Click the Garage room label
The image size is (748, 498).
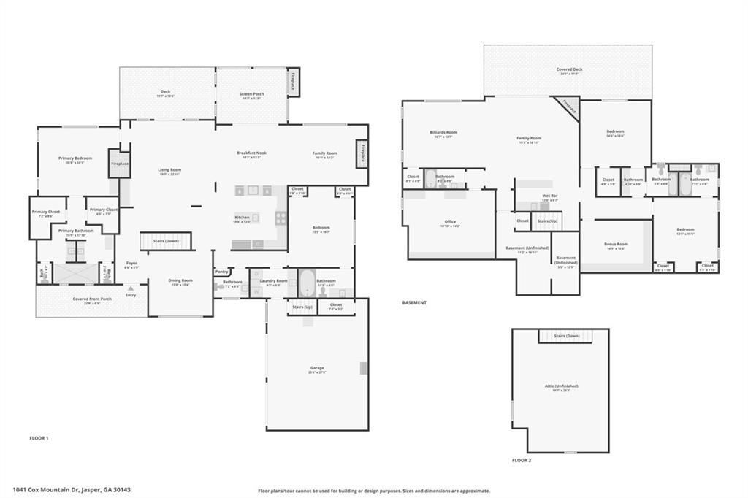317,368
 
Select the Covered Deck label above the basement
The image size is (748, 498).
569,69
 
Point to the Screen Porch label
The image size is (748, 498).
252,94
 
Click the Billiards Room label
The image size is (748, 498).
443,132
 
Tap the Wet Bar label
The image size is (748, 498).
550,196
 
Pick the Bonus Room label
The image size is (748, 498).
617,244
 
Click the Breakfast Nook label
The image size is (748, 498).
251,153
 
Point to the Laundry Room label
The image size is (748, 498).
274,280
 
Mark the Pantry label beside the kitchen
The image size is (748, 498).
223,272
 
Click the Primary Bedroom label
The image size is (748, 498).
75,158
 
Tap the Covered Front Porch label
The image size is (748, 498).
92,299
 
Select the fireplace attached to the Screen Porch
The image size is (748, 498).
293,82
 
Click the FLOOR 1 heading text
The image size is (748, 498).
39,437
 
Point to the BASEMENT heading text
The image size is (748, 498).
414,302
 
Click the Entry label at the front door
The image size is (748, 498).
130,294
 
